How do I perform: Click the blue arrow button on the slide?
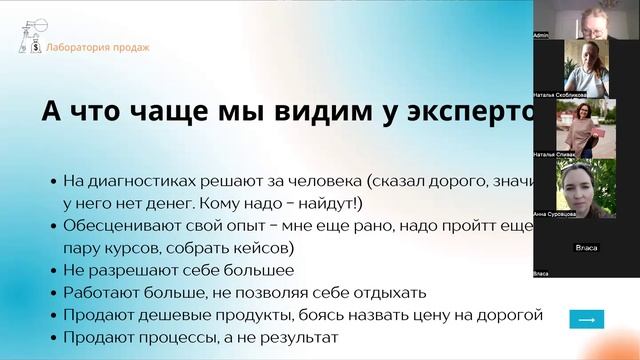tap(586, 319)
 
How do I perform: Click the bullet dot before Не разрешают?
tap(53, 271)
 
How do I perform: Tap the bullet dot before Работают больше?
tap(53, 294)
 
